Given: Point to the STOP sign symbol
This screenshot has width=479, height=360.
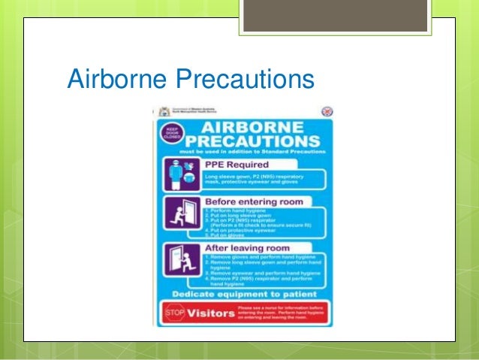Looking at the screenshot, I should [x=171, y=313].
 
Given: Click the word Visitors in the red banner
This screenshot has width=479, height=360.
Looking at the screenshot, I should [x=211, y=313].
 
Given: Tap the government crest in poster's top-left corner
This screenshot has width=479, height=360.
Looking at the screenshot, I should [x=164, y=110].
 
